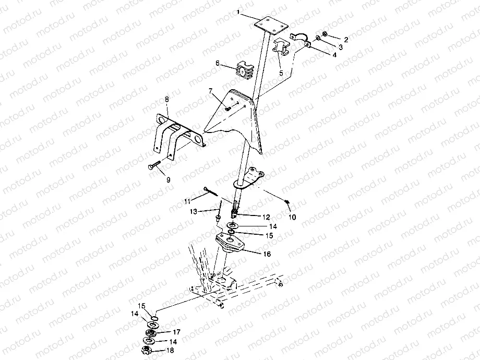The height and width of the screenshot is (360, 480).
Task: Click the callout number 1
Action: click(x=238, y=12)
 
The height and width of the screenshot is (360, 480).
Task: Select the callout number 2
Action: click(x=346, y=40)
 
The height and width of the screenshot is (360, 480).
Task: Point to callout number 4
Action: click(x=334, y=55)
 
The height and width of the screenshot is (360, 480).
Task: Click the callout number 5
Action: click(x=281, y=73)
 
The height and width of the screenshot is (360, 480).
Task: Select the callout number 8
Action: click(x=167, y=99)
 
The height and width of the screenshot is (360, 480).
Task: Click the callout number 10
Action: click(x=292, y=217)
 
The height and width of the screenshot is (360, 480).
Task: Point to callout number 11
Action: click(x=187, y=201)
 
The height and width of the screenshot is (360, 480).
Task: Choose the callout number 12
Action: click(x=266, y=217)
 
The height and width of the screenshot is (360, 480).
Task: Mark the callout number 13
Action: click(x=194, y=211)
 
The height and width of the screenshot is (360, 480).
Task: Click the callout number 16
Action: click(x=267, y=254)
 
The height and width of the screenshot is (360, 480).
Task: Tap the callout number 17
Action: click(x=177, y=332)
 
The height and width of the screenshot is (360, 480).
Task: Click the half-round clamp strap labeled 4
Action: click(x=301, y=40)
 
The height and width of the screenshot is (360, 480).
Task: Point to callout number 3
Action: click(x=340, y=47)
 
